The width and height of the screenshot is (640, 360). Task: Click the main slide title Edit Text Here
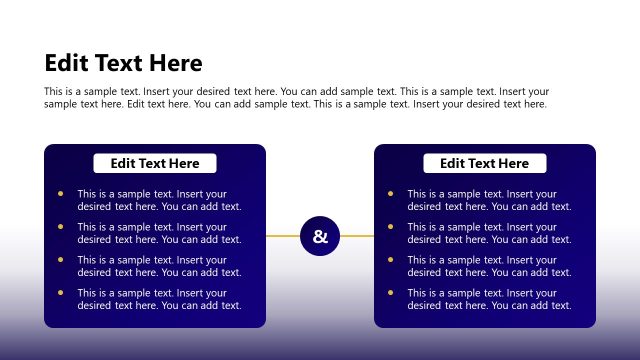point(123,64)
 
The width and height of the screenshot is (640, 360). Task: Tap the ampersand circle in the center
point(320,236)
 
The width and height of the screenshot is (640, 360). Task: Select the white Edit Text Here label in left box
point(155,163)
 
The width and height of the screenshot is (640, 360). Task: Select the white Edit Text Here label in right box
point(485,163)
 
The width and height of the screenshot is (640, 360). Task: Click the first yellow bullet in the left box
point(60,194)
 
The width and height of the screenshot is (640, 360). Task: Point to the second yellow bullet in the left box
point(60,227)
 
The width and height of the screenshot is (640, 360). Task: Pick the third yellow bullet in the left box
point(60,259)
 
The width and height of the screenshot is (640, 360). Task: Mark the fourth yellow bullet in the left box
point(60,292)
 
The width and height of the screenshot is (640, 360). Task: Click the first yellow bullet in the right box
point(390,194)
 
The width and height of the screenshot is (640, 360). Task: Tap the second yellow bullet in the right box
point(390,227)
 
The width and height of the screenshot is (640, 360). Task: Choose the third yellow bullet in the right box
point(390,259)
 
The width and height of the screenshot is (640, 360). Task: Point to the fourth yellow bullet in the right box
point(390,292)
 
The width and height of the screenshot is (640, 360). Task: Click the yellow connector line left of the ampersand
point(283,236)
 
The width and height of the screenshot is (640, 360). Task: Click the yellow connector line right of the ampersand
point(357,236)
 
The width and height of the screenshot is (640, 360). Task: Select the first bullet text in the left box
point(159,200)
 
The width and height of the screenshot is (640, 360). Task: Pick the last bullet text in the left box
point(159,298)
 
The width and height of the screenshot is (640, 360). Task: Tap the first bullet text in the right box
point(489,200)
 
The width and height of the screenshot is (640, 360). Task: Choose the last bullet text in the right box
point(489,298)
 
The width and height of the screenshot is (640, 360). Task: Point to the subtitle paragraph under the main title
point(296,97)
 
